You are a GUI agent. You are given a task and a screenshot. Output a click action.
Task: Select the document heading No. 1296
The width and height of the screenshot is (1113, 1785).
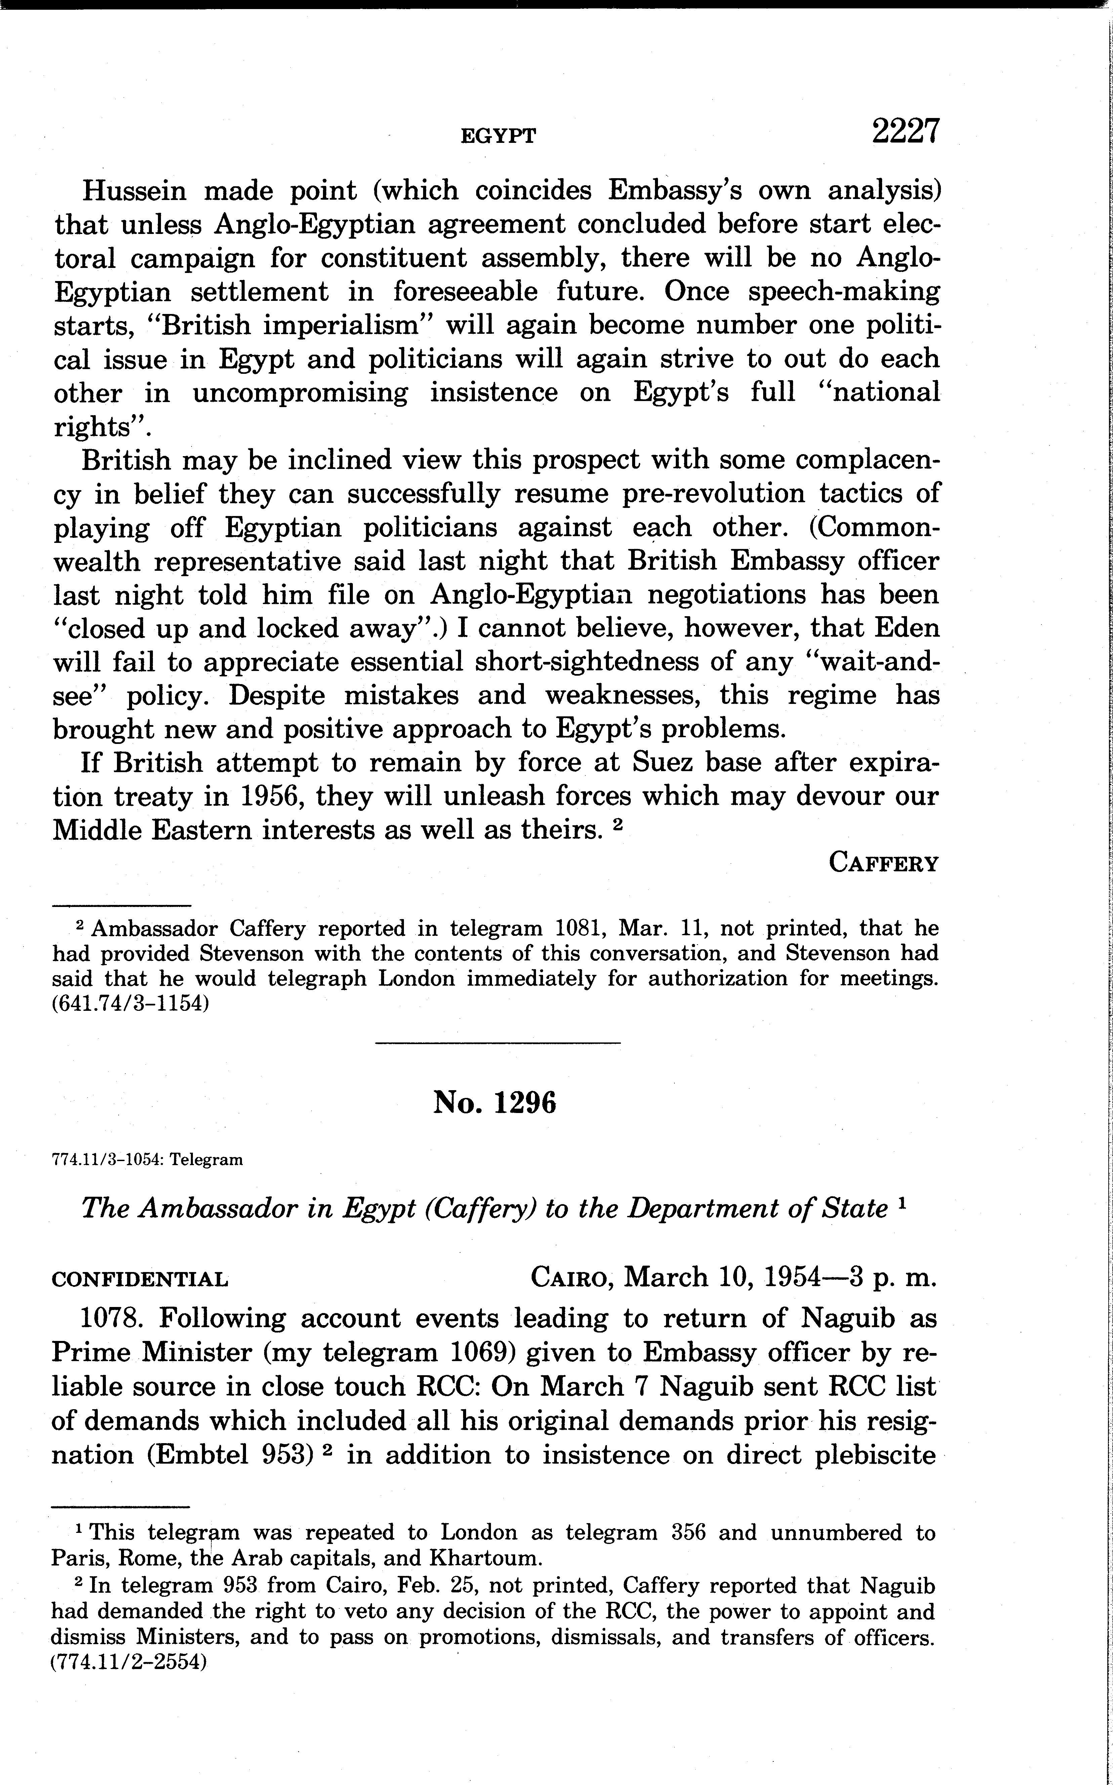pos(495,1102)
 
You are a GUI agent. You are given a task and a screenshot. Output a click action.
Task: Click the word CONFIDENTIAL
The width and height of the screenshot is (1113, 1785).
pos(140,1279)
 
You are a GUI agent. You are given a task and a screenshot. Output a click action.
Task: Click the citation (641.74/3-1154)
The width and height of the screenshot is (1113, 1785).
pos(131,1004)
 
